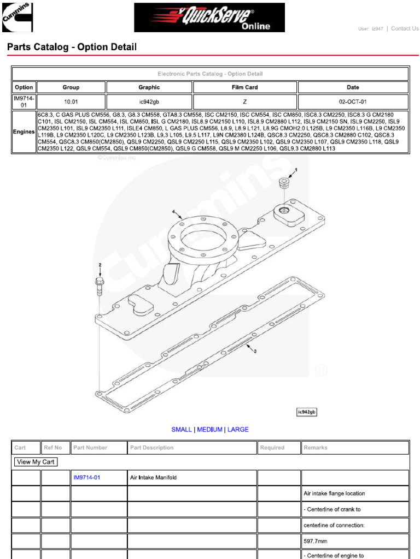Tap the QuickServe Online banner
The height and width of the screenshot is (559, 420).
click(209, 18)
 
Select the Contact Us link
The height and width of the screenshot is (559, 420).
click(405, 29)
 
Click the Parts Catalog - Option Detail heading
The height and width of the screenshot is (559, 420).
click(72, 47)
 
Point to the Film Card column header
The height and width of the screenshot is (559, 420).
click(244, 87)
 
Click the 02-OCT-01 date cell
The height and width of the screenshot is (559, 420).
click(353, 102)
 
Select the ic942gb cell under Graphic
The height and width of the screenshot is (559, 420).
click(149, 102)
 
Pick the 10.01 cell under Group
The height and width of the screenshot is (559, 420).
click(71, 102)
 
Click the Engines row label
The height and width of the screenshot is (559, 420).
click(24, 132)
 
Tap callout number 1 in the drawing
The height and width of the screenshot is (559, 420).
click(296, 170)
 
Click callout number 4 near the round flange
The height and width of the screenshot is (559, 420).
click(173, 211)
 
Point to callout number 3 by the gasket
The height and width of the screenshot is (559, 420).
click(255, 351)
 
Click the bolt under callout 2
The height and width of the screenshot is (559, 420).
click(100, 284)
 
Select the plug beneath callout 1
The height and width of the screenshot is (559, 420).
click(284, 183)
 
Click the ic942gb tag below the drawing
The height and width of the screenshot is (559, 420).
click(307, 412)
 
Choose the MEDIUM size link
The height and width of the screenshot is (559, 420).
click(209, 430)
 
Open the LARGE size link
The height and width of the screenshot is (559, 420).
click(238, 430)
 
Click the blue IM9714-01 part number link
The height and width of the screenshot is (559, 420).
click(87, 478)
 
